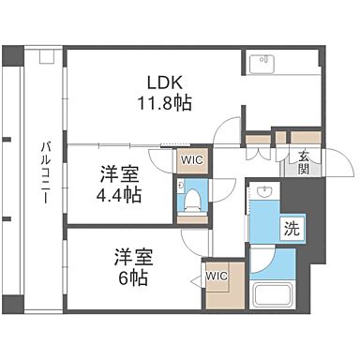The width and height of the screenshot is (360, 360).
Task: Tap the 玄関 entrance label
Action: tap(304, 162)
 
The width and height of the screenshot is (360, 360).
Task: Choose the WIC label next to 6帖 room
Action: tap(217, 277)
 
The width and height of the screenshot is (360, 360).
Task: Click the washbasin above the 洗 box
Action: tap(263, 195)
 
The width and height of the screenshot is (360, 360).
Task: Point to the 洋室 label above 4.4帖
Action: tap(119, 173)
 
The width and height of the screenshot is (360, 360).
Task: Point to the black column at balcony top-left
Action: tap(10, 55)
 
